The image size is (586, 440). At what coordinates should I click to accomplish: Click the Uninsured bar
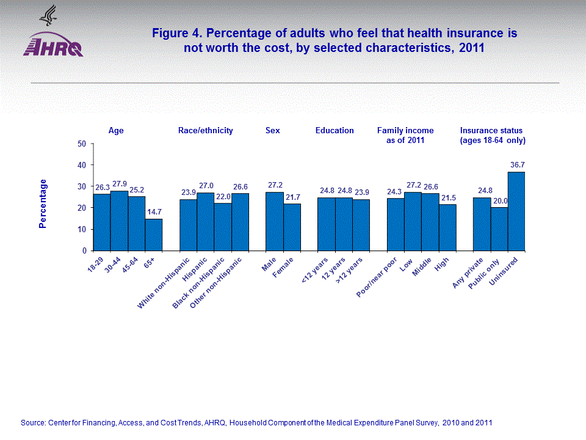pyautogui.click(x=516, y=211)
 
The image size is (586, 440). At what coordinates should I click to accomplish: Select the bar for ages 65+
pyautogui.click(x=153, y=235)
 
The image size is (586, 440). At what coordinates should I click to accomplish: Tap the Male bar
pyautogui.click(x=275, y=221)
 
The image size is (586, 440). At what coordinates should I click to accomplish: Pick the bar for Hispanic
pyautogui.click(x=205, y=222)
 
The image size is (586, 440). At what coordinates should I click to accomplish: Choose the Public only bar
pyautogui.click(x=499, y=229)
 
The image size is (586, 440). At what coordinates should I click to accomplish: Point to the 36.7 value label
pyautogui.click(x=516, y=165)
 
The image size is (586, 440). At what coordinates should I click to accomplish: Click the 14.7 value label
pyautogui.click(x=153, y=212)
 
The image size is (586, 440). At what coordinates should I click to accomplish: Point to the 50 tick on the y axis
pyautogui.click(x=81, y=144)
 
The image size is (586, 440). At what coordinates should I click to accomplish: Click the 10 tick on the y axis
pyautogui.click(x=81, y=229)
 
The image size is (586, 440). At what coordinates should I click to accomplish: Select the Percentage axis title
pyautogui.click(x=42, y=204)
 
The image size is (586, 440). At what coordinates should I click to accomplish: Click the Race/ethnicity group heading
pyautogui.click(x=205, y=130)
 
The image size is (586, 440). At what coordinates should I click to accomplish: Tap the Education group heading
pyautogui.click(x=335, y=130)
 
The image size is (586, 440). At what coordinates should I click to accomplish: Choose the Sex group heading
pyautogui.click(x=273, y=130)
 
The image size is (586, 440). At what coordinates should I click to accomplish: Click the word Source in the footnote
pyautogui.click(x=34, y=422)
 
